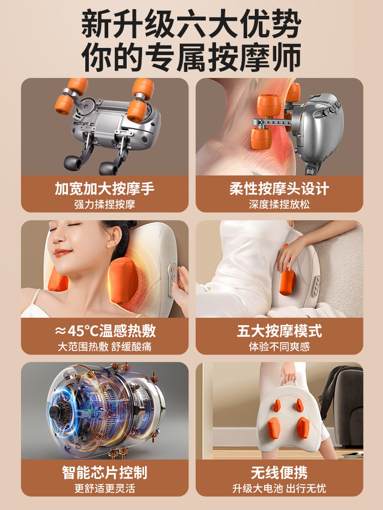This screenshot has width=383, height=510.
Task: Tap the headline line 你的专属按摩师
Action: click(x=192, y=57)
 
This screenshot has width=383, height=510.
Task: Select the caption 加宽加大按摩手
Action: click(x=105, y=188)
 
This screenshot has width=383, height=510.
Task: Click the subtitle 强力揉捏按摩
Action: click(x=105, y=205)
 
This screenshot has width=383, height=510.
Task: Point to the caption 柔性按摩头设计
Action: click(x=279, y=188)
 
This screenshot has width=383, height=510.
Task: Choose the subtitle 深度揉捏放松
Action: click(x=279, y=205)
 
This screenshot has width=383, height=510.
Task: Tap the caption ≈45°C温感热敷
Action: click(x=105, y=330)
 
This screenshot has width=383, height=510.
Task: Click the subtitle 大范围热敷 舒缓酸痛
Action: click(x=105, y=347)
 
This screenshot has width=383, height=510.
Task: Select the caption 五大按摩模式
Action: click(x=279, y=330)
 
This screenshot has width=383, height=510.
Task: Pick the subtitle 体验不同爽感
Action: click(x=279, y=347)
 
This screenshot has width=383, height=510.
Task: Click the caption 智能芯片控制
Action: click(x=105, y=472)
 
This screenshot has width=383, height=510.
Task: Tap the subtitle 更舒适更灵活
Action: click(x=105, y=489)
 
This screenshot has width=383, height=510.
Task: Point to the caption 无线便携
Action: click(x=279, y=472)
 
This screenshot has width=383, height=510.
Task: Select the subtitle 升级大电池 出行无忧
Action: click(x=279, y=489)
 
